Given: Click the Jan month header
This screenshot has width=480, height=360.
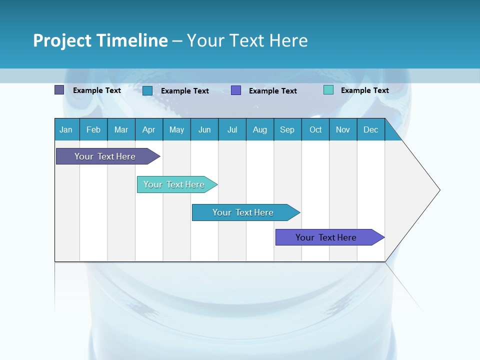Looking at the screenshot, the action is point(66,130).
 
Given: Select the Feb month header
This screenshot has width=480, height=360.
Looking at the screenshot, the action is point(93,130).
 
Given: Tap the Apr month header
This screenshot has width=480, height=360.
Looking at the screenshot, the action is point(149,130).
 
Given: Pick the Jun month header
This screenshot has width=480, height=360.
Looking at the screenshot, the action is point(204,130).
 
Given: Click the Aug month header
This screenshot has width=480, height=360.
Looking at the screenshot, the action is point(260,130).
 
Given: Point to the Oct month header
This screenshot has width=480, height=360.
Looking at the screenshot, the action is point(315,130).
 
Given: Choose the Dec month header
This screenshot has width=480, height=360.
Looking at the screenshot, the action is point(371,130).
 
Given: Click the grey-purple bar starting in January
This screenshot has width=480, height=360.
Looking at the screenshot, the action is point(105,156).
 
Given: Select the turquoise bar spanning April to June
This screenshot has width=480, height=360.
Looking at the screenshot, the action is point(174,184).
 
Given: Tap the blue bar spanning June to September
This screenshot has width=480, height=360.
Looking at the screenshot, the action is point(243,212).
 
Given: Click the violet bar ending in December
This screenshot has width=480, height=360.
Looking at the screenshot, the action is point(326,237).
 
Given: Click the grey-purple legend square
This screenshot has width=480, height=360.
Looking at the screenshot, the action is point(59,90).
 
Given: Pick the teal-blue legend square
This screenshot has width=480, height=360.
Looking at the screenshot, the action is point(147,90).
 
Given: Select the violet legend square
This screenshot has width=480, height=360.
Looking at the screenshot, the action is point(236,90).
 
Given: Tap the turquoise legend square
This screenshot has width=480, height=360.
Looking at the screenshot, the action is point(328,90).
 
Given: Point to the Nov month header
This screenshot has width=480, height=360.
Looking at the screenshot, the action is point(343,130).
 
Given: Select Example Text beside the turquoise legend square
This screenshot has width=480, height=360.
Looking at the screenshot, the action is point(364,90).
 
